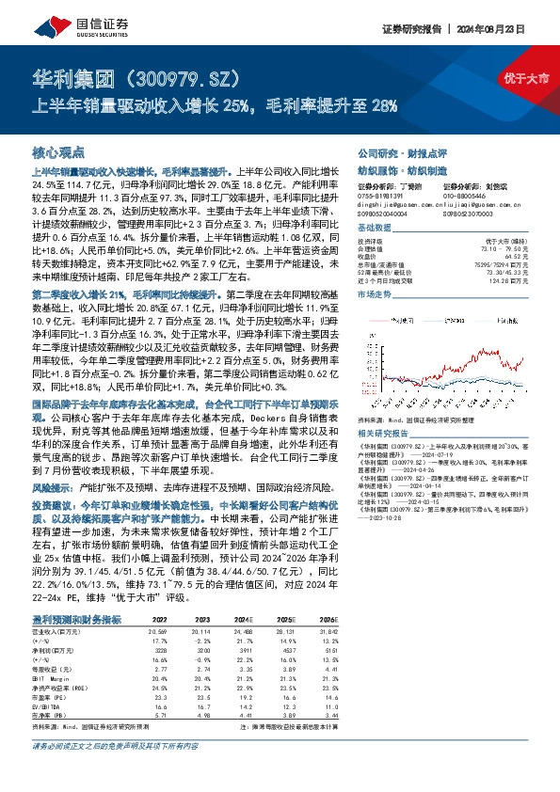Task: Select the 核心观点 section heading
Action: (58, 150)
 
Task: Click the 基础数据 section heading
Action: (374, 228)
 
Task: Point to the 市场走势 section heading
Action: (374, 294)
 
